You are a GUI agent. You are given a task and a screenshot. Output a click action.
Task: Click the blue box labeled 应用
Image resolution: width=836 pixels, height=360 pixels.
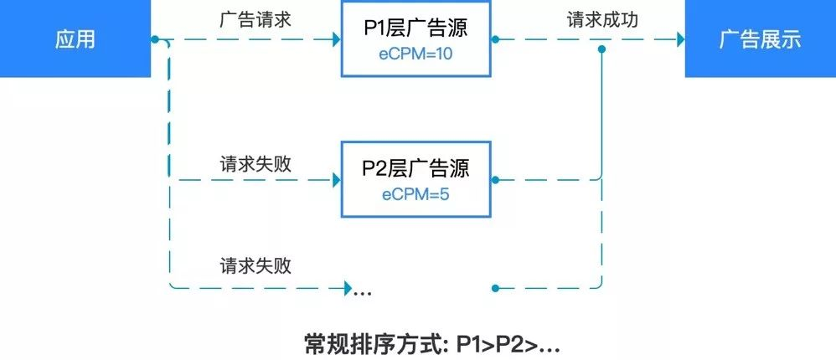[75, 39]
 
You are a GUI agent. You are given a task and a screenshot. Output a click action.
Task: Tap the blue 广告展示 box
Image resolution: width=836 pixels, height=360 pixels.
[760, 39]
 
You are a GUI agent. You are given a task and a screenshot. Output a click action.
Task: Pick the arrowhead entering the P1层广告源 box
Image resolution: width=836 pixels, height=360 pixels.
[336, 39]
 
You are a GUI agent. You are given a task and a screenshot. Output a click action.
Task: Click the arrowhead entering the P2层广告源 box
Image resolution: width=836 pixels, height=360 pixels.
[336, 178]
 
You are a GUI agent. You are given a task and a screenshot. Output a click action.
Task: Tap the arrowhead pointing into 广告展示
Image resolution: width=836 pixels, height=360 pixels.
[679, 39]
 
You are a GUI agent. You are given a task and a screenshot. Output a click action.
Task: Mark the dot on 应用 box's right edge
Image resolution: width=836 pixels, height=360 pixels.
[154, 39]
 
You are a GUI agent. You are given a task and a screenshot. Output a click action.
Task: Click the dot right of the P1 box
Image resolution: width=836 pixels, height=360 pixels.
[495, 39]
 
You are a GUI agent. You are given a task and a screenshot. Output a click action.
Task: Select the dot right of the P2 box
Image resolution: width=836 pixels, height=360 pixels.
[495, 178]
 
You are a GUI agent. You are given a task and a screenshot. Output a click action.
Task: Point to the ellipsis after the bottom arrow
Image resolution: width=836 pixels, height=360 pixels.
[363, 292]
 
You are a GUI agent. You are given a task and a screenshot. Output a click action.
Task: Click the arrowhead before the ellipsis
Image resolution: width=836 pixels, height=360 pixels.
[346, 289]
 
